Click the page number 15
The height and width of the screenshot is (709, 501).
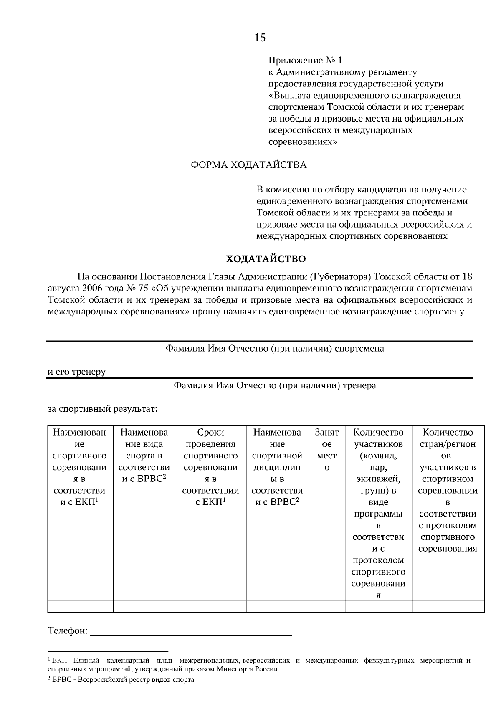(260, 38)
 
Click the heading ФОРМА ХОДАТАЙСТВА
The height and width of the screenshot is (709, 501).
(248, 165)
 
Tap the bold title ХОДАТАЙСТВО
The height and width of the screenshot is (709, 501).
(266, 259)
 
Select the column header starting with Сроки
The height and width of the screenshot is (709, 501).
(211, 467)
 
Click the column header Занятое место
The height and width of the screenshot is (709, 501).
(327, 450)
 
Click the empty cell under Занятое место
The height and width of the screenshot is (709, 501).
(327, 606)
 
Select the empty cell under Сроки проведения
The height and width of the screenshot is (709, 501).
(211, 606)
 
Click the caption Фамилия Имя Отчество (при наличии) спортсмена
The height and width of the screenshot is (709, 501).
(275, 349)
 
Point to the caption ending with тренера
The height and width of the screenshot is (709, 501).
(275, 385)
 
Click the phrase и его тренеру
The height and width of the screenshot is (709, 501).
(76, 372)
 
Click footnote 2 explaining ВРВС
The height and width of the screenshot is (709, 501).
(121, 679)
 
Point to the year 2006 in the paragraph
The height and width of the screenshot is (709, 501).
(92, 289)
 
